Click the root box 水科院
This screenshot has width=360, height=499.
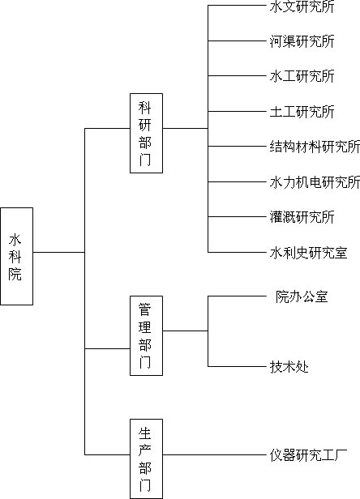click(16, 256)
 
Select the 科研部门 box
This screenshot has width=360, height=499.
click(146, 133)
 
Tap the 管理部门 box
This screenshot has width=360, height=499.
click(146, 335)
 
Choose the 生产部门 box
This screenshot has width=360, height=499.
click(146, 458)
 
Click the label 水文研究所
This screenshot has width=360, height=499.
click(302, 6)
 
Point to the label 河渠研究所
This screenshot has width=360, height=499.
click(302, 41)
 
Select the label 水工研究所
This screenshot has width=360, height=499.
click(302, 76)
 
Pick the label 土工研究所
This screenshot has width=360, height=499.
click(302, 112)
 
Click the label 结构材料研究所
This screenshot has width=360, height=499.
click(315, 147)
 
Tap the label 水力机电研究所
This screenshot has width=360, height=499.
click(315, 182)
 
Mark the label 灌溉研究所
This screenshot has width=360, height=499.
click(302, 217)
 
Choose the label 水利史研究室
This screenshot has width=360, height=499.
click(308, 253)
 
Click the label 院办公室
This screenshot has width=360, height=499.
click(302, 296)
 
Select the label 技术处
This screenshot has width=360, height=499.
click(289, 367)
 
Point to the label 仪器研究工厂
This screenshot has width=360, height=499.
click(308, 455)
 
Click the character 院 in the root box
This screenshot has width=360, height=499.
click(15, 274)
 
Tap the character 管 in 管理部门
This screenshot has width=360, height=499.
click(144, 309)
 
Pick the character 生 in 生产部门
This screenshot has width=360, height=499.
click(144, 433)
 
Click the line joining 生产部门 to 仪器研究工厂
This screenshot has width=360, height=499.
click(214, 454)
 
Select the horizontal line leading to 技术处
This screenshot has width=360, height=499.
click(237, 366)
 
